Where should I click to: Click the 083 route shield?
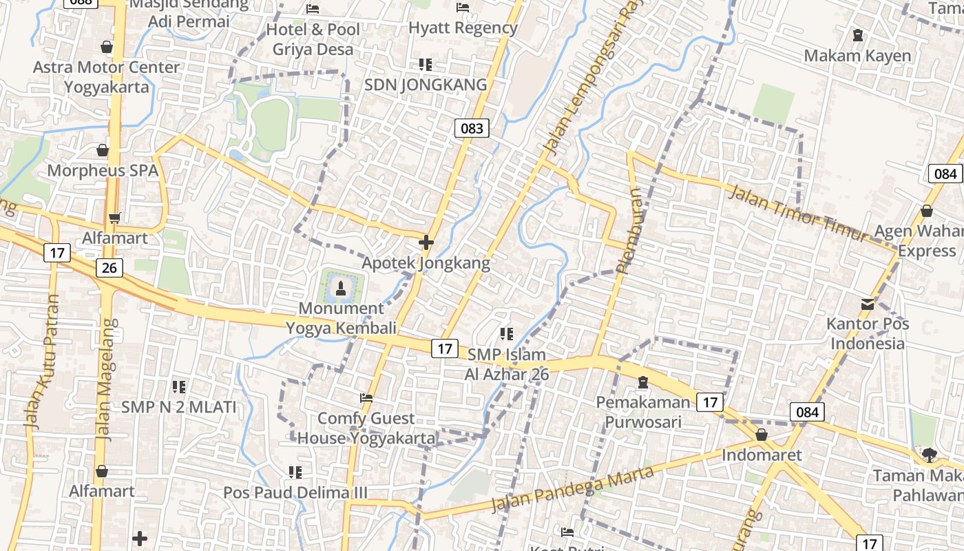tap(472, 127)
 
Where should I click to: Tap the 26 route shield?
tap(109, 267)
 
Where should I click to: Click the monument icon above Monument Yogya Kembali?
tap(340, 287)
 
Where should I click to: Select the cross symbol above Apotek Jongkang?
tap(426, 242)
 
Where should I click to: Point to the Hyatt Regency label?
tap(463, 28)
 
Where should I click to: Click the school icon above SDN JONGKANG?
tap(426, 65)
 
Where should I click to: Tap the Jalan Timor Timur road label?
tap(799, 213)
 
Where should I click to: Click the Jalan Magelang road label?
tap(105, 379)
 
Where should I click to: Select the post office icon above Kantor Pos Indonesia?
tap(868, 304)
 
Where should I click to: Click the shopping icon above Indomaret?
tap(762, 435)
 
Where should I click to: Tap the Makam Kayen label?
tap(857, 56)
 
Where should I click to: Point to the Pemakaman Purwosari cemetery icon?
tap(643, 382)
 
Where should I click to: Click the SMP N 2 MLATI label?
tap(179, 407)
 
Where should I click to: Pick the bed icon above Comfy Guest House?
tap(366, 398)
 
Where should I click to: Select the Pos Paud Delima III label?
tap(295, 493)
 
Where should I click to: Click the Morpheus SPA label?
tap(103, 171)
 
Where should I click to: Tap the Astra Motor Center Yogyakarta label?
tap(107, 77)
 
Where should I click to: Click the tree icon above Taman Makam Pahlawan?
tap(930, 455)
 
